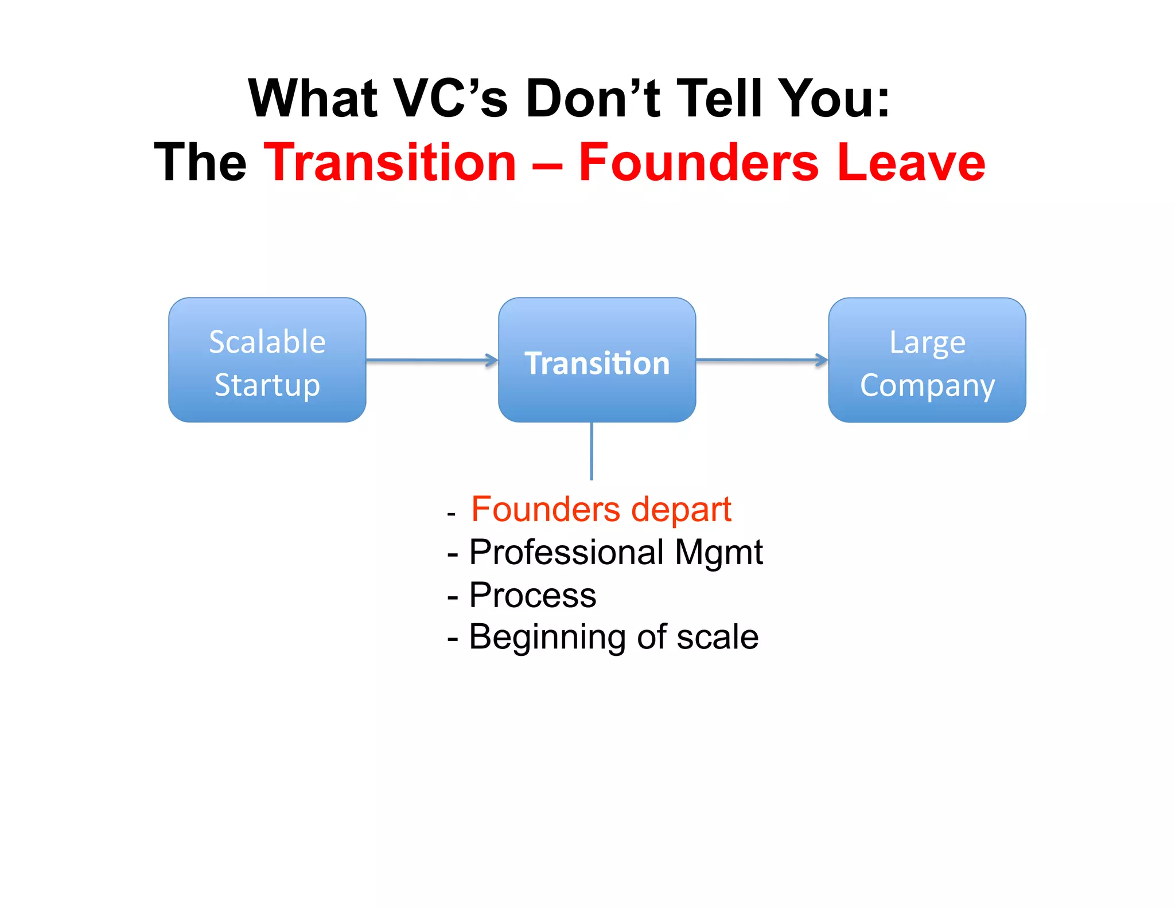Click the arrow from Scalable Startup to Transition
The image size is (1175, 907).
pos(431,360)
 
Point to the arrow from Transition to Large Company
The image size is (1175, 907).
pos(761,360)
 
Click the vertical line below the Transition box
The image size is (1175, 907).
pos(592,451)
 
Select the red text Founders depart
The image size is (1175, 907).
pos(601,509)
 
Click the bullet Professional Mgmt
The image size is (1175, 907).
pos(616,552)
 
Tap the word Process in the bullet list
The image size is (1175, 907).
pos(532,595)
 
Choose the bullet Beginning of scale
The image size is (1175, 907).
pos(613,637)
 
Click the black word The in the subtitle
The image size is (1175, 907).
pos(200,163)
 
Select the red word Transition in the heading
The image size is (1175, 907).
pos(390,163)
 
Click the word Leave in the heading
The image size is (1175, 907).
pos(911,163)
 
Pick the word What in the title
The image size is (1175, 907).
pos(313,99)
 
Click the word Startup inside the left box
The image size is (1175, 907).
pos(267,385)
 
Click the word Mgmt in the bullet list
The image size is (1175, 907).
pos(718,553)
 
